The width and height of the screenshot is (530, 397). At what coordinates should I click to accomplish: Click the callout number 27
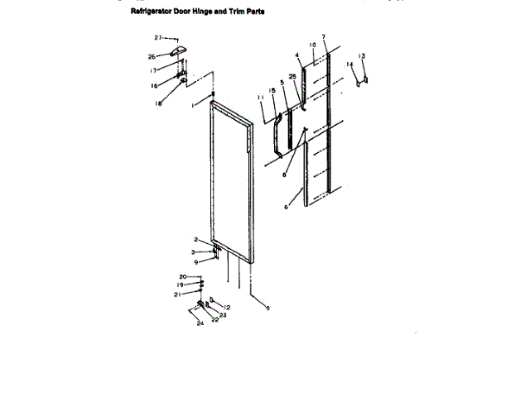pos(158,38)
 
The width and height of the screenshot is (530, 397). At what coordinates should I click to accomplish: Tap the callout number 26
pos(152,56)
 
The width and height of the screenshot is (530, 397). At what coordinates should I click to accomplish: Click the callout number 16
pos(153,85)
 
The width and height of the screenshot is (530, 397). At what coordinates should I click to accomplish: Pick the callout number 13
pos(362,56)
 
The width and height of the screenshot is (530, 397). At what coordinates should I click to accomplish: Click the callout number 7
pos(324,37)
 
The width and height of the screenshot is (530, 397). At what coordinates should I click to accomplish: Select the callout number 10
pos(312,45)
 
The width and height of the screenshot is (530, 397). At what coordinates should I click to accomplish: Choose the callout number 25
pos(292,76)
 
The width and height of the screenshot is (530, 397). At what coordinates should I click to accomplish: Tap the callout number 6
pos(287,207)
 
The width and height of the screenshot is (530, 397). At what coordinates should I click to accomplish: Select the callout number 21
pos(176,294)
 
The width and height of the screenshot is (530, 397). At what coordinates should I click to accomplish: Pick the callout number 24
pos(200,323)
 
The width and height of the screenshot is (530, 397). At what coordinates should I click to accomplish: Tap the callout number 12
pos(227,308)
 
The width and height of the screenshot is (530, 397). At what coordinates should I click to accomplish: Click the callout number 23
pos(223,315)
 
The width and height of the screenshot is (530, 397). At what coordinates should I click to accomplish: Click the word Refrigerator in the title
pos(153,12)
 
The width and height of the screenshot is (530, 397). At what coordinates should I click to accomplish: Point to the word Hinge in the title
pos(207,12)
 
